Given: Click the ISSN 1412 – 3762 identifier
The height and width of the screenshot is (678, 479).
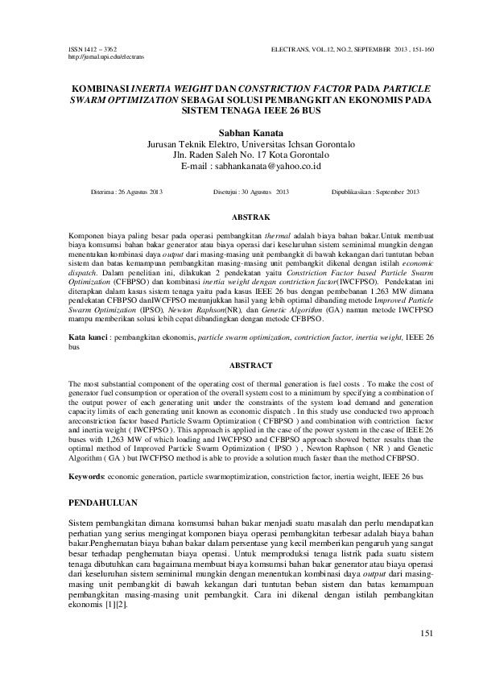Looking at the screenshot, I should (x=88, y=50).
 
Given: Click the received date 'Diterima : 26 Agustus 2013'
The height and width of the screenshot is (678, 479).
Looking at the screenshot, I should (x=127, y=192).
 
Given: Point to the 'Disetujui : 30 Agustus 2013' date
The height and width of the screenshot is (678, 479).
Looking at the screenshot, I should (x=251, y=192).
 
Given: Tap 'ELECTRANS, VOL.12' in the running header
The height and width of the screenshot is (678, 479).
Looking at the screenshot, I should (x=305, y=50).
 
